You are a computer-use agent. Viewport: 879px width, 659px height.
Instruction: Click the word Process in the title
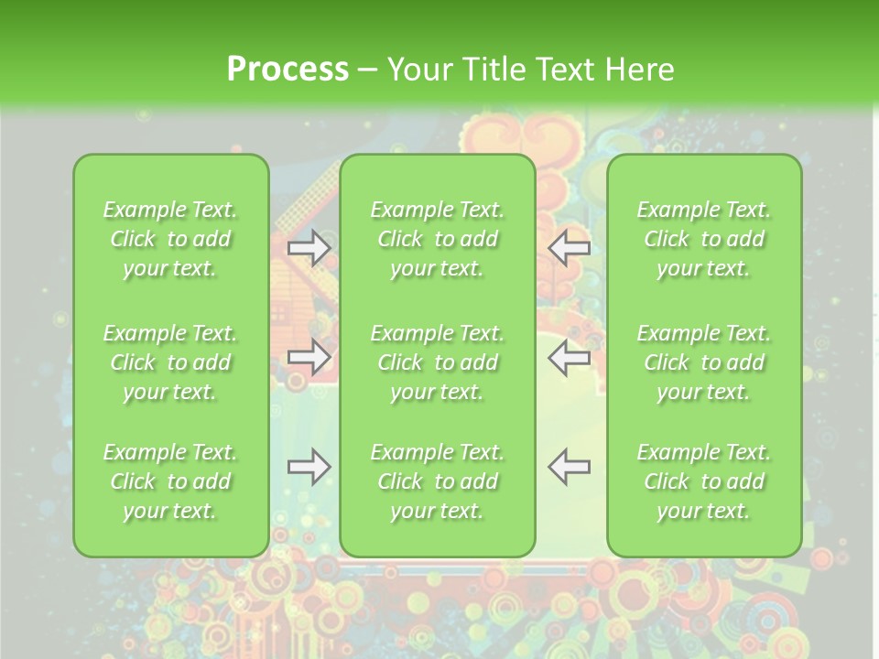(x=288, y=70)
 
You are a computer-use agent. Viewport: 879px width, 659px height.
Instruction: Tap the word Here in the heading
(x=639, y=70)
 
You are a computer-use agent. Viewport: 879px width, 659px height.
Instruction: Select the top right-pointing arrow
(x=309, y=248)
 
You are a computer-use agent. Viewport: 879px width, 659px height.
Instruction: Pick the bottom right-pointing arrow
(x=309, y=467)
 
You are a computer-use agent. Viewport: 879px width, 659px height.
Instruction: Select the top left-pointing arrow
(x=569, y=248)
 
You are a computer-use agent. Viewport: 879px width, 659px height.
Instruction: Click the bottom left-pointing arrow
(x=569, y=467)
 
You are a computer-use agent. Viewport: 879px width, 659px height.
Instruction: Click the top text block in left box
(x=170, y=239)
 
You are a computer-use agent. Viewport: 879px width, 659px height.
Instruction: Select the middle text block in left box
(x=170, y=362)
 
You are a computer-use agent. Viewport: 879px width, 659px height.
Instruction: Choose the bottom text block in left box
(x=170, y=481)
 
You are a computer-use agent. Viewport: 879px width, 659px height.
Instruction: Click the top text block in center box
(x=437, y=239)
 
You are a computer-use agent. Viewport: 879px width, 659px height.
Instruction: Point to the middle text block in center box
(x=437, y=362)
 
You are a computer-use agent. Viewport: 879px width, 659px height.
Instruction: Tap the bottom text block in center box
(x=437, y=481)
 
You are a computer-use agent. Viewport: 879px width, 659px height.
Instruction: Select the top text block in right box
(x=703, y=239)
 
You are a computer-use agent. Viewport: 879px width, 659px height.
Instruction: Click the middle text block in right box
(x=703, y=362)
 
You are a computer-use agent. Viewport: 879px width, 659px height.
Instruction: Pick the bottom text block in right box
(x=703, y=481)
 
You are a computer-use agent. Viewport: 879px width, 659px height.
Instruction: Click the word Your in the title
(x=419, y=70)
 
